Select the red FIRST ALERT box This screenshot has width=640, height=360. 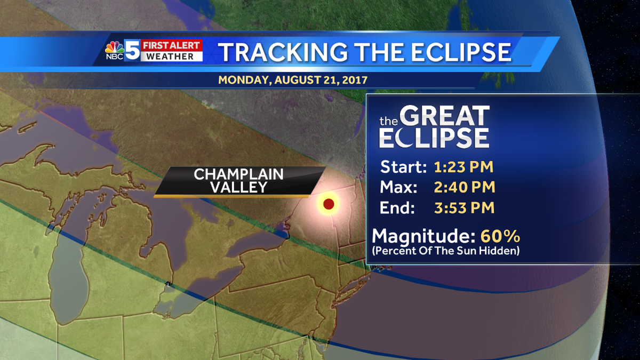(x=172, y=45)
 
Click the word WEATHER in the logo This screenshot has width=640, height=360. (x=172, y=56)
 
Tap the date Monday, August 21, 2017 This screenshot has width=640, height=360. (x=292, y=80)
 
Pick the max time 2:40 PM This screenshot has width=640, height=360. (x=463, y=187)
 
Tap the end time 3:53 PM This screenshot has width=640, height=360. (x=463, y=207)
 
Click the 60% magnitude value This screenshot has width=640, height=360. (x=500, y=236)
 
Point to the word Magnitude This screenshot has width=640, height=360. (x=424, y=236)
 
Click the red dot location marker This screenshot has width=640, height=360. (x=329, y=203)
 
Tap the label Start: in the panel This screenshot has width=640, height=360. (x=403, y=167)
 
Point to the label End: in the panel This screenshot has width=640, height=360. (x=397, y=207)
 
